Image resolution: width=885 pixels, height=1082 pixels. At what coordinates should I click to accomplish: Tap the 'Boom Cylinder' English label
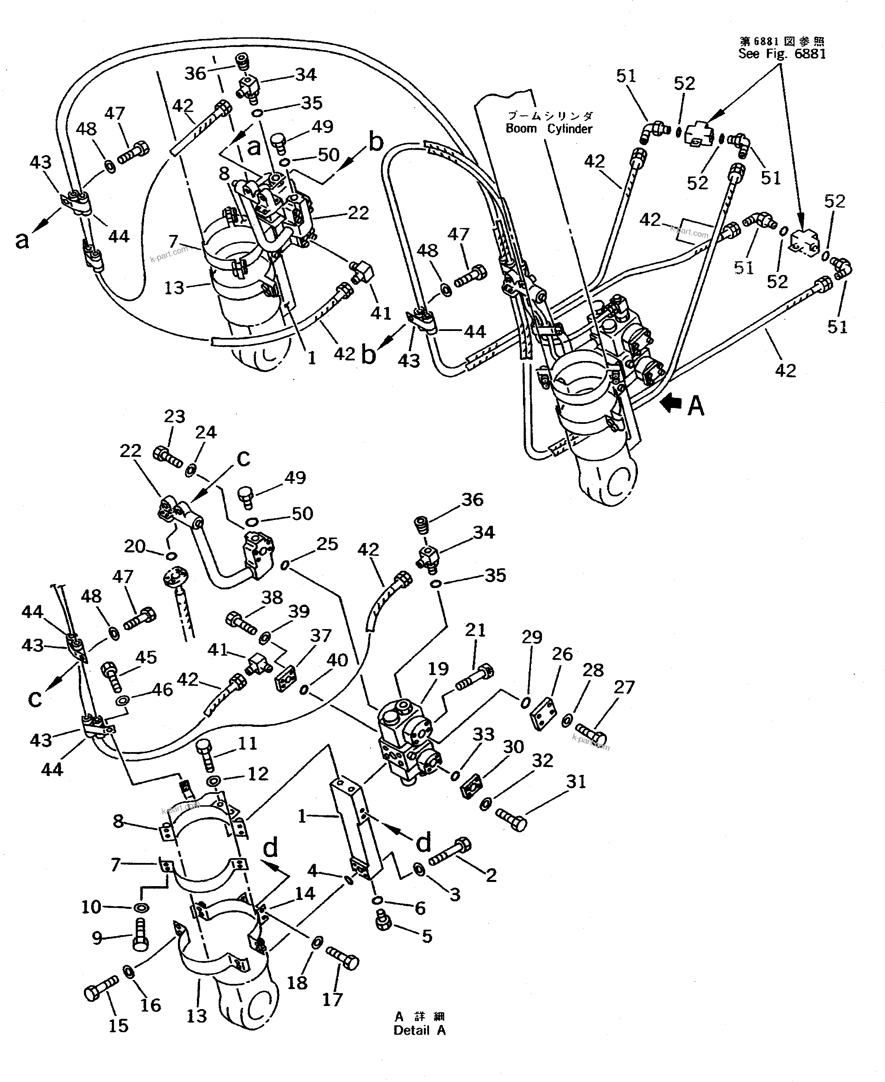[549, 129]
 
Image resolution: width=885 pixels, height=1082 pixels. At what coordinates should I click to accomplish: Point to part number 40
[337, 660]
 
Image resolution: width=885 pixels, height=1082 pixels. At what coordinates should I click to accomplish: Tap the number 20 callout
[135, 546]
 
